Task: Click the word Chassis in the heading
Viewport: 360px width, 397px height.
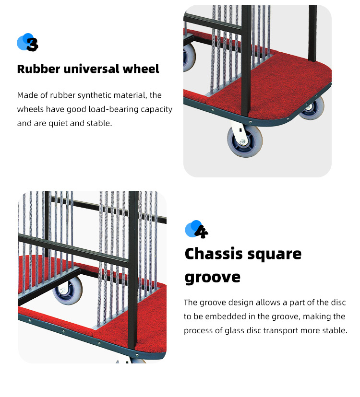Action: tap(214, 254)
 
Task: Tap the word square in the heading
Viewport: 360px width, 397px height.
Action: tap(275, 255)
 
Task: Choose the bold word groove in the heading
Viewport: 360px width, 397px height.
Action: tap(213, 278)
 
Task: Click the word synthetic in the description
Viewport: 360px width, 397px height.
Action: tap(94, 95)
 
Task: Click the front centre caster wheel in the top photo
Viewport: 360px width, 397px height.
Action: tap(245, 141)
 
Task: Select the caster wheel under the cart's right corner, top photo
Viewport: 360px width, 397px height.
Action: tap(312, 108)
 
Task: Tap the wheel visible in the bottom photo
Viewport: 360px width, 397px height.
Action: tap(68, 291)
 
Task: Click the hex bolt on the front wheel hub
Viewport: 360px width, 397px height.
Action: tap(242, 142)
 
